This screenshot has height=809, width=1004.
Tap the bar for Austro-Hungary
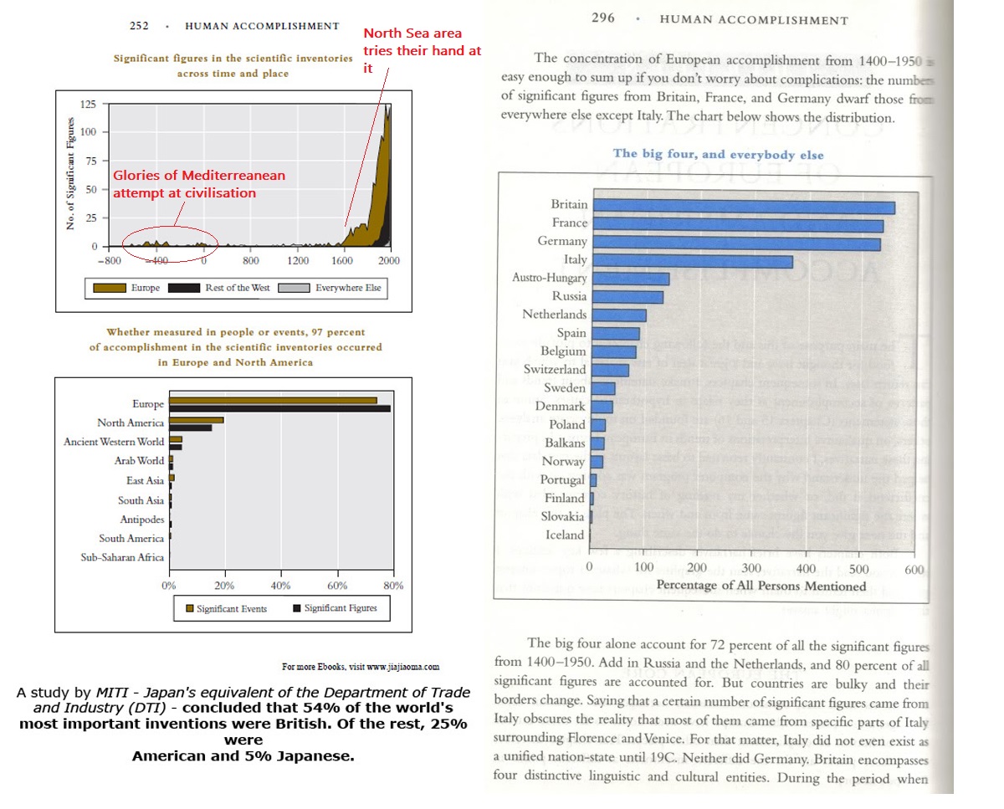631,279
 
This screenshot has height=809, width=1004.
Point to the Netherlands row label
555,315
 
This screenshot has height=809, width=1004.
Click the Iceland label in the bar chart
565,535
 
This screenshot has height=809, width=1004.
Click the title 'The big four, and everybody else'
718,155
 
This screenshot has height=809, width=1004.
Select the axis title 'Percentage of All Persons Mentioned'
761,586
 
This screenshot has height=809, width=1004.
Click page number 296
602,18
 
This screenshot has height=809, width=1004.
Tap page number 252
139,26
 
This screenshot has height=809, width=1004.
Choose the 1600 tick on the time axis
343,261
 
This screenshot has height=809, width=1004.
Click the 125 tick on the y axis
88,105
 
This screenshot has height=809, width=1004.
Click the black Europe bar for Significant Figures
279,409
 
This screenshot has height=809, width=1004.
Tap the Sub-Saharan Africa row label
122,558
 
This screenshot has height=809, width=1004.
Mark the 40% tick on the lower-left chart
281,586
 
